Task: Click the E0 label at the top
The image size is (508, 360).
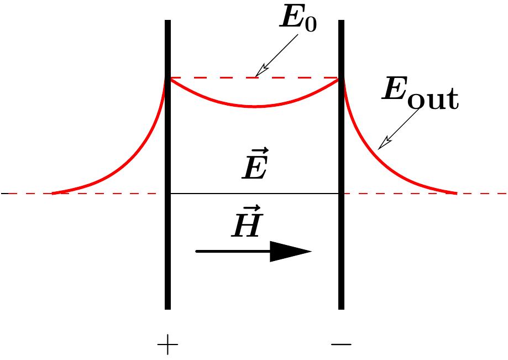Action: click(x=298, y=20)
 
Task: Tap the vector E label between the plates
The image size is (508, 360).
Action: click(x=255, y=165)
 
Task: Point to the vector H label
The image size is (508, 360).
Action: click(x=246, y=223)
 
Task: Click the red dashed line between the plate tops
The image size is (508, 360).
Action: click(x=221, y=78)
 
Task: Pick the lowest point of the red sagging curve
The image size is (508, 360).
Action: click(x=255, y=106)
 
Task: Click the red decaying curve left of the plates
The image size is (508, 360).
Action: click(x=127, y=166)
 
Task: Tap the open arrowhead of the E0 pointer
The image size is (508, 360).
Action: click(x=259, y=72)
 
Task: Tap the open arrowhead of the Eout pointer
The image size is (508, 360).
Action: click(x=382, y=145)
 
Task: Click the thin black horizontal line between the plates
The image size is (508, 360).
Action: click(x=254, y=194)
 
